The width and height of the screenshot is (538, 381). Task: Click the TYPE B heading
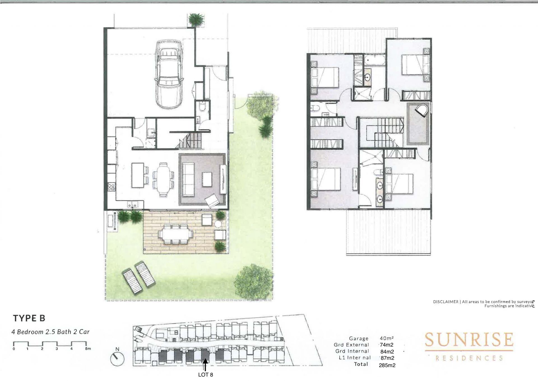29,318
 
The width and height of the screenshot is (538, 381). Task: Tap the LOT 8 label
205,375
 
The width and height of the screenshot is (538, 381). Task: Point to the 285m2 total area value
387,365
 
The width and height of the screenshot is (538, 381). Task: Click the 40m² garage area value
387,338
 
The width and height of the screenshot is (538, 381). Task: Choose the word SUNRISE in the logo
469,340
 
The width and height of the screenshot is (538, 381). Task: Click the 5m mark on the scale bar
88,349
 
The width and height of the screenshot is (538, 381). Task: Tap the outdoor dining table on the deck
176,234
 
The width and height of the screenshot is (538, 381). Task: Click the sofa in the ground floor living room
188,180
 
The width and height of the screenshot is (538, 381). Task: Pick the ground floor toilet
202,106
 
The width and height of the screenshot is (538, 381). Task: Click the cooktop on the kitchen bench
111,187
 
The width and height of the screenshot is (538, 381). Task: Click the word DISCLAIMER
446,302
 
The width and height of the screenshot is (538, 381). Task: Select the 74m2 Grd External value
386,345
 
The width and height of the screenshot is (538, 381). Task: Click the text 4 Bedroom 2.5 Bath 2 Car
50,332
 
